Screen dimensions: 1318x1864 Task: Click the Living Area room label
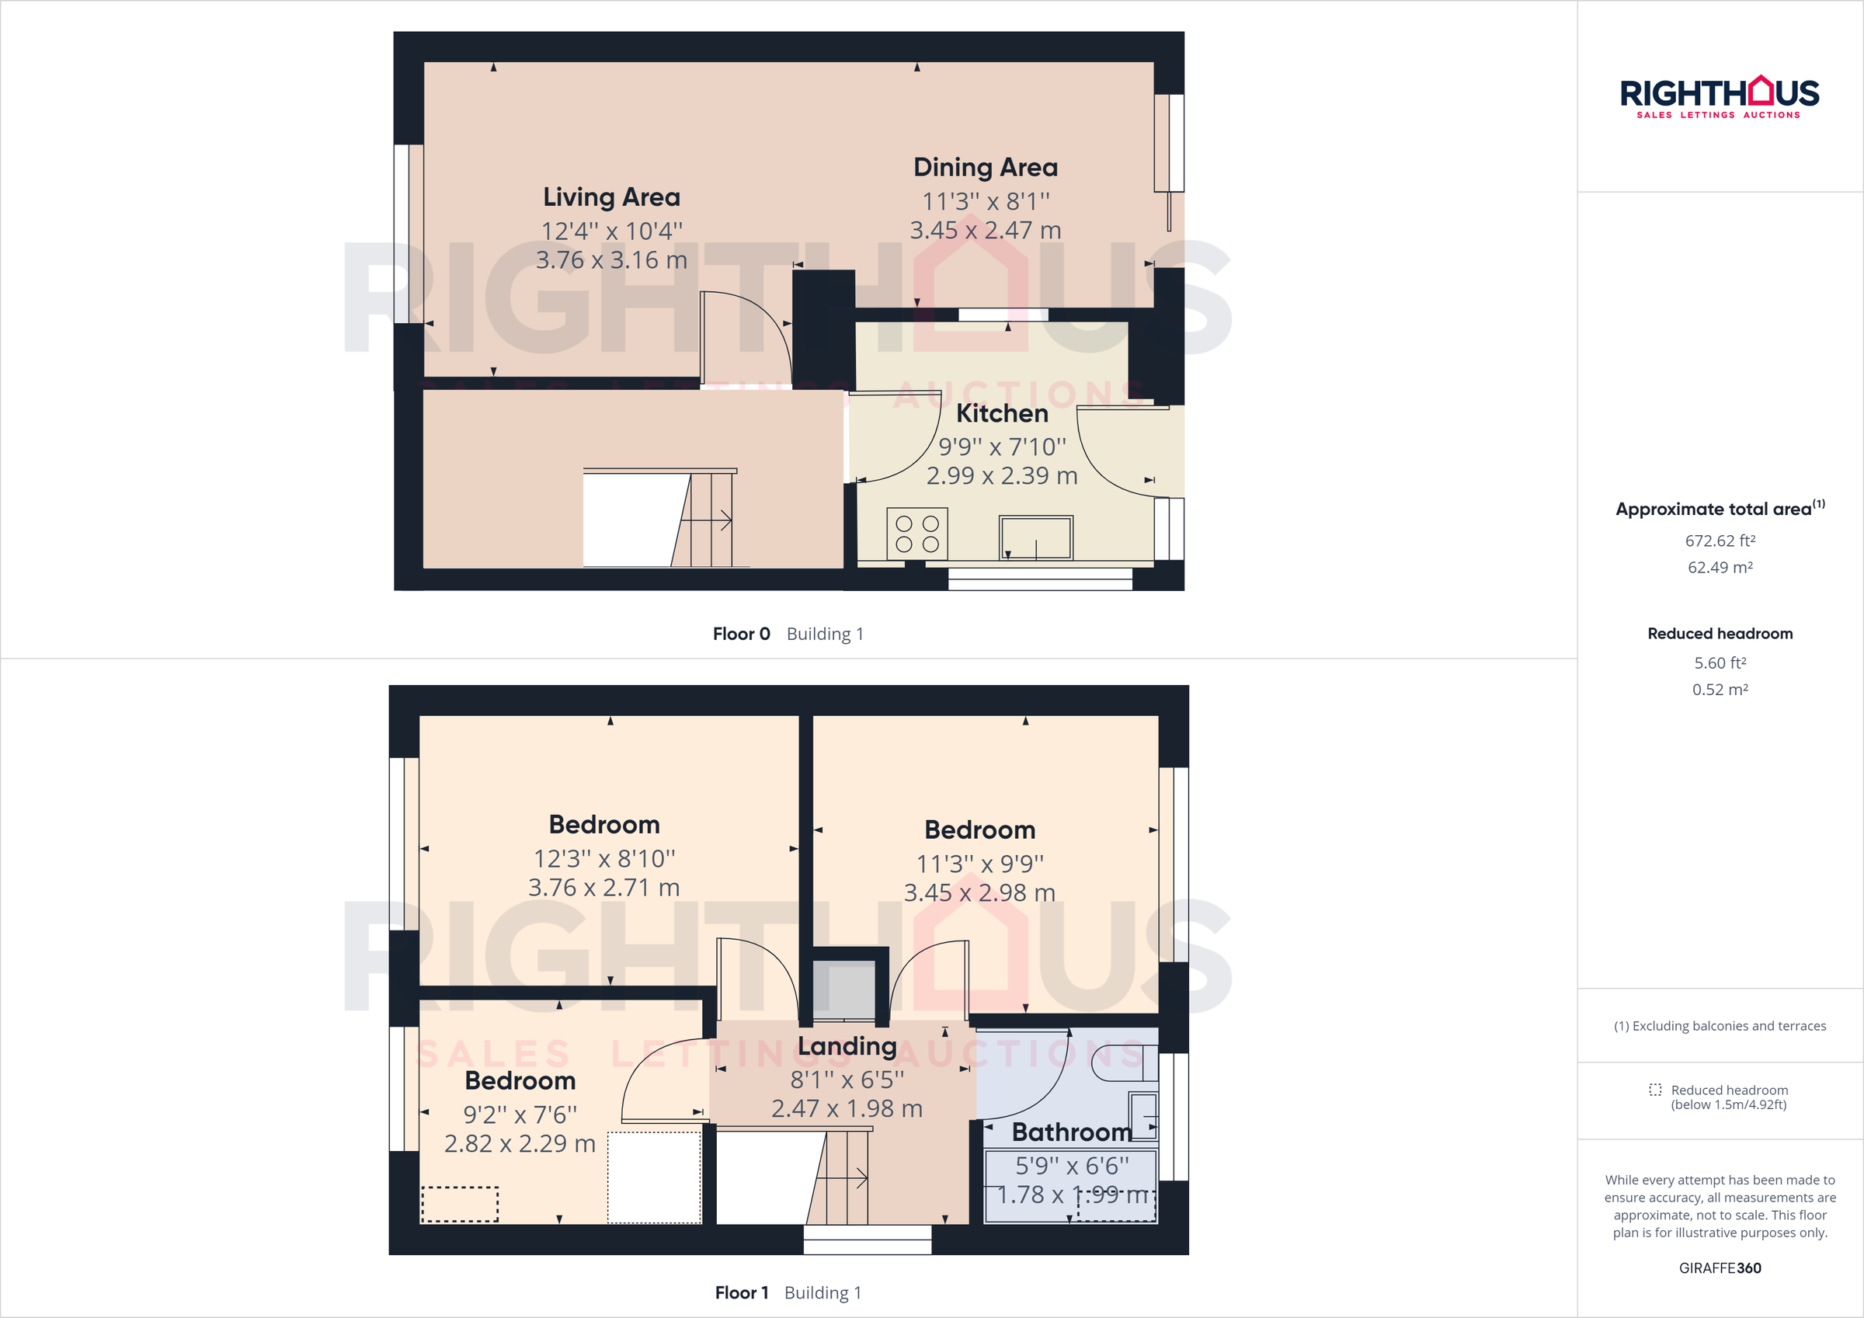tap(611, 196)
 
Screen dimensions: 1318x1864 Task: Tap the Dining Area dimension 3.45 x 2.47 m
tap(985, 231)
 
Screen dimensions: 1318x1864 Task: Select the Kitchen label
tap(1002, 413)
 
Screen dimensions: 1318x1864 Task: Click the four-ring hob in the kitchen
tap(917, 534)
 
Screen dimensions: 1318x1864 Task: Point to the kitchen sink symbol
tap(1035, 537)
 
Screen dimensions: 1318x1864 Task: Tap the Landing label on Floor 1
tap(847, 1046)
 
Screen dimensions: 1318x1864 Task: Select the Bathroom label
tap(1072, 1132)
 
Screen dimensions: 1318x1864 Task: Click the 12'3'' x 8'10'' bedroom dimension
tap(604, 858)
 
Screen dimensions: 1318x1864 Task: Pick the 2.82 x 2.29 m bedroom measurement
tap(520, 1143)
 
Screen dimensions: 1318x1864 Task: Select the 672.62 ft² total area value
tap(1720, 541)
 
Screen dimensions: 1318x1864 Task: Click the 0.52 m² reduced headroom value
tap(1720, 690)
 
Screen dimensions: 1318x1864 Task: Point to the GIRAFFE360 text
tap(1720, 1268)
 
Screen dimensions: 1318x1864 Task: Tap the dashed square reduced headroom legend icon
tap(1654, 1090)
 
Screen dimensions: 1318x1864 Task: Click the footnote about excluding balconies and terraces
tap(1720, 1026)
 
